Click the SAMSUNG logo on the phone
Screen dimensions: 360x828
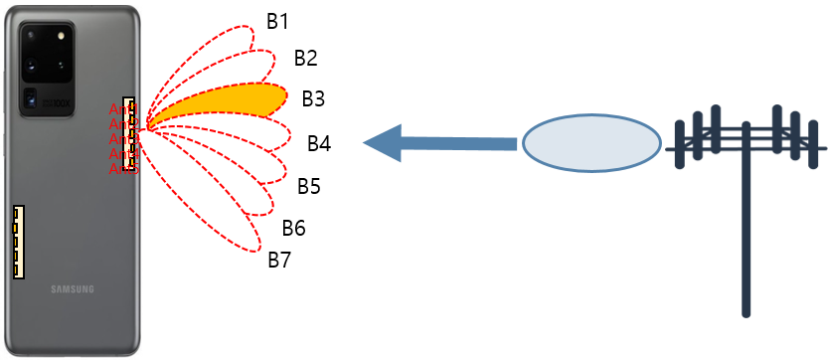pos(73,289)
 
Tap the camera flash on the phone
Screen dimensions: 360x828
pos(63,35)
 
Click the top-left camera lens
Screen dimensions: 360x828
pos(33,37)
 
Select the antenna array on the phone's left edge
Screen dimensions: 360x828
pos(18,242)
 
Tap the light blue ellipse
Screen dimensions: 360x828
pos(591,143)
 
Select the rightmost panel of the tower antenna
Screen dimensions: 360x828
pos(812,144)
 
